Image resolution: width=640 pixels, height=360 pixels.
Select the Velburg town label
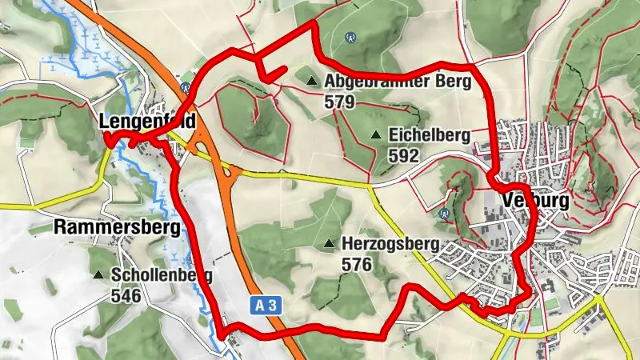pyautogui.click(x=535, y=200)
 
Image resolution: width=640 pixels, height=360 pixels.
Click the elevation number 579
pyautogui.click(x=339, y=102)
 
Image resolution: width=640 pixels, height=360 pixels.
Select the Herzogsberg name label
pyautogui.click(x=390, y=243)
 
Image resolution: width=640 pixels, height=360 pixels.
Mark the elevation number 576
pyautogui.click(x=355, y=264)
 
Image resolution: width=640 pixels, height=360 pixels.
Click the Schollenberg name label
pyautogui.click(x=162, y=275)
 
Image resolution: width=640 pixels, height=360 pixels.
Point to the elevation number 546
pyautogui.click(x=126, y=296)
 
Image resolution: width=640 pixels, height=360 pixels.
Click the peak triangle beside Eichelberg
pyautogui.click(x=375, y=135)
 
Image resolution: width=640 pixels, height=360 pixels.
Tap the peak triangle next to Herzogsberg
pyautogui.click(x=328, y=243)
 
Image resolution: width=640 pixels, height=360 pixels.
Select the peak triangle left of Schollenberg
pyautogui.click(x=98, y=275)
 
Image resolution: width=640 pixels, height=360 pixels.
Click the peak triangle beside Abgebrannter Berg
pyautogui.click(x=311, y=80)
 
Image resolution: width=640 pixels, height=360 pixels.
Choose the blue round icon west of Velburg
pyautogui.click(x=445, y=214)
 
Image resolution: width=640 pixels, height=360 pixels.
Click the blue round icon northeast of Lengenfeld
pyautogui.click(x=185, y=86)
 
